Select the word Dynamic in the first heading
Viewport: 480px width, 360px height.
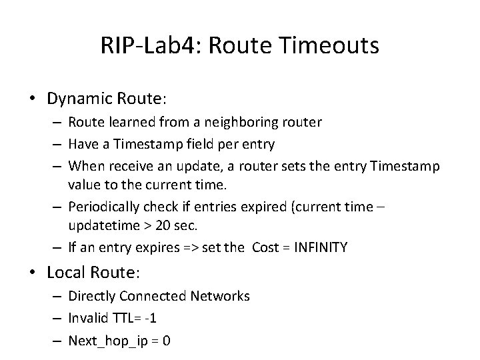click(78, 99)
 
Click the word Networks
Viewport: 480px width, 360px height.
click(221, 296)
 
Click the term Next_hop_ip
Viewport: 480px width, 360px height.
click(107, 341)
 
